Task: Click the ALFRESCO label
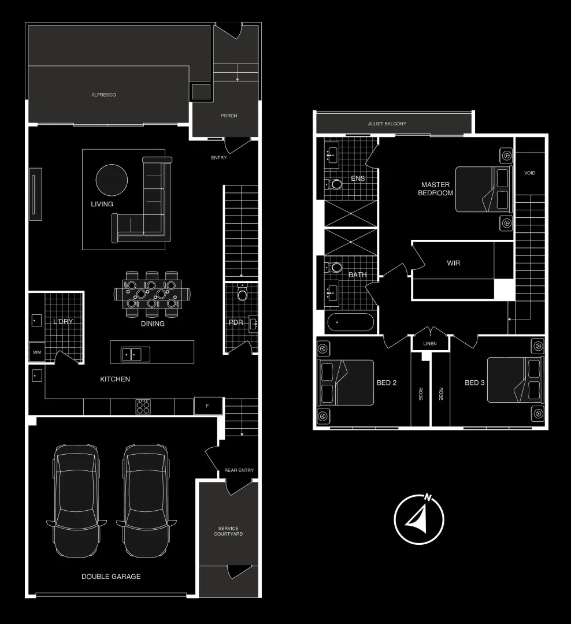click(x=104, y=95)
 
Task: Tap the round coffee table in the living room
click(x=111, y=181)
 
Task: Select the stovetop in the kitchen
click(x=143, y=407)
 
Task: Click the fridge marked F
click(x=208, y=406)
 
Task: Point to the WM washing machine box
click(x=36, y=352)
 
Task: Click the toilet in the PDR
click(x=242, y=295)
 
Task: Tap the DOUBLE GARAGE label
click(x=111, y=576)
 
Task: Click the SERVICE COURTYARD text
click(x=228, y=531)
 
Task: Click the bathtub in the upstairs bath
click(x=350, y=322)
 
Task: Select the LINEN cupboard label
click(x=430, y=344)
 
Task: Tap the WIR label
click(x=454, y=263)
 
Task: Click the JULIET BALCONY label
click(x=387, y=124)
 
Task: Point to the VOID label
click(x=529, y=173)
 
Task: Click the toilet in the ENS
click(x=335, y=184)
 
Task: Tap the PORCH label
click(x=229, y=116)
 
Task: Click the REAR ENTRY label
click(x=239, y=470)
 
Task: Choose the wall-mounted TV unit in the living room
click(x=35, y=194)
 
